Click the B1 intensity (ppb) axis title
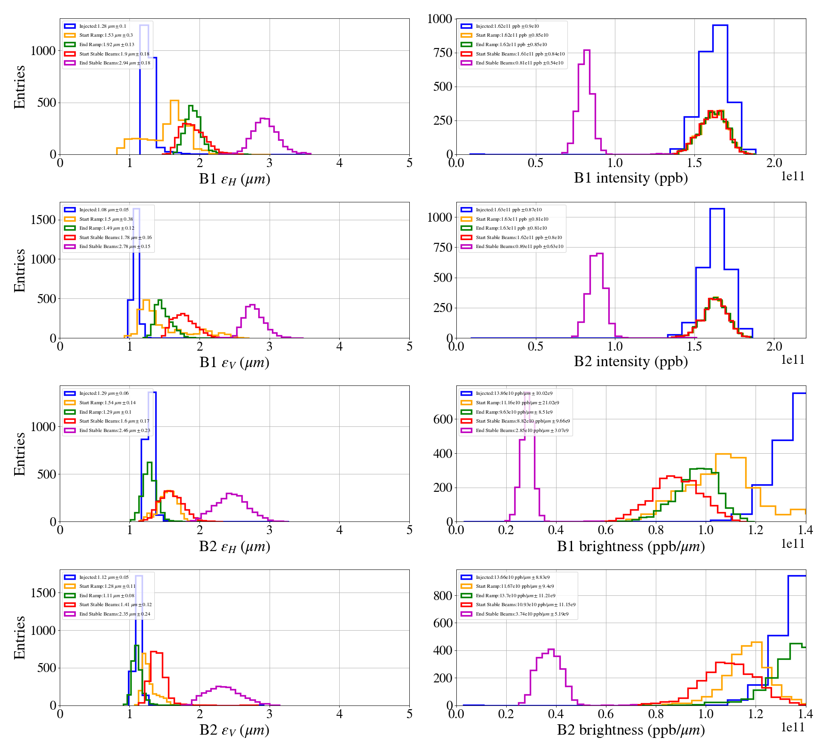[x=630, y=178]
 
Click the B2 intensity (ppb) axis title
[x=630, y=362]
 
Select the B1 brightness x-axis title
[x=630, y=546]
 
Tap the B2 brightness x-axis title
[x=630, y=730]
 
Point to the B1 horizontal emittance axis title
[x=234, y=179]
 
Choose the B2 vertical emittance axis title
[x=234, y=730]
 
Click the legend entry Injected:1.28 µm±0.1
[x=103, y=26]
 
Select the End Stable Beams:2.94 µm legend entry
[x=114, y=63]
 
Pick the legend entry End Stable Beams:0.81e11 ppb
[x=519, y=63]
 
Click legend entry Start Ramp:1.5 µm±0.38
[x=106, y=219]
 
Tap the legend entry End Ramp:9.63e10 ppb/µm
[x=514, y=412]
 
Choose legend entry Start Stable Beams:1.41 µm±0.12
[x=115, y=605]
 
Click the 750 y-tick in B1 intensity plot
[x=442, y=53]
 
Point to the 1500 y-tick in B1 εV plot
[x=43, y=220]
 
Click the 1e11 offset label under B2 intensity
[x=793, y=360]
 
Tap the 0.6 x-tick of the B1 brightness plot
[x=606, y=530]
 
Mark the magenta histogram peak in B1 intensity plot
[x=587, y=50]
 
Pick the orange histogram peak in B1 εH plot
[x=175, y=101]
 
